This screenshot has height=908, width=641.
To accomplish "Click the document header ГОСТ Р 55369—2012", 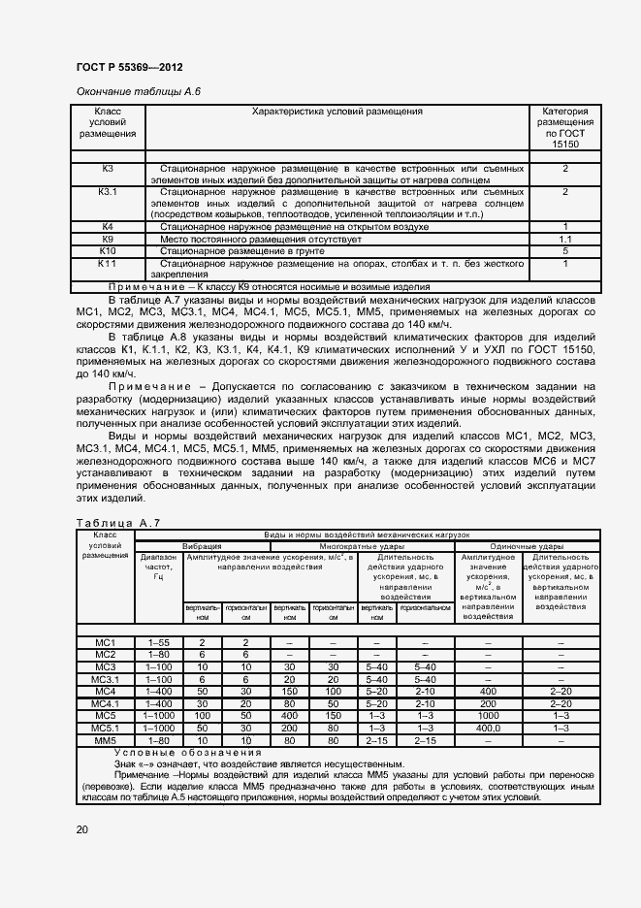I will pyautogui.click(x=129, y=67).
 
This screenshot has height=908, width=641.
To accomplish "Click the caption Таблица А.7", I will pyautogui.click(x=116, y=523).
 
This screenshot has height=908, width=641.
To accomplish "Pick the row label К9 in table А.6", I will pyautogui.click(x=108, y=238).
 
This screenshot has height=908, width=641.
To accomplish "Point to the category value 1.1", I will pyautogui.click(x=564, y=238).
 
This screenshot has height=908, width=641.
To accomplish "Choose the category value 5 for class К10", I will pyautogui.click(x=564, y=250).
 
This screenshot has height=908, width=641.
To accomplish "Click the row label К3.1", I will pyautogui.click(x=108, y=192).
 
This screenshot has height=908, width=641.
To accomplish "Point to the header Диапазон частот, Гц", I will pyautogui.click(x=158, y=567).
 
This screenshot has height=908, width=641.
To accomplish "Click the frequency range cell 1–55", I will pyautogui.click(x=158, y=642).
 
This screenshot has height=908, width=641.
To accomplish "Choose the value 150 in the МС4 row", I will pyautogui.click(x=289, y=691).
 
